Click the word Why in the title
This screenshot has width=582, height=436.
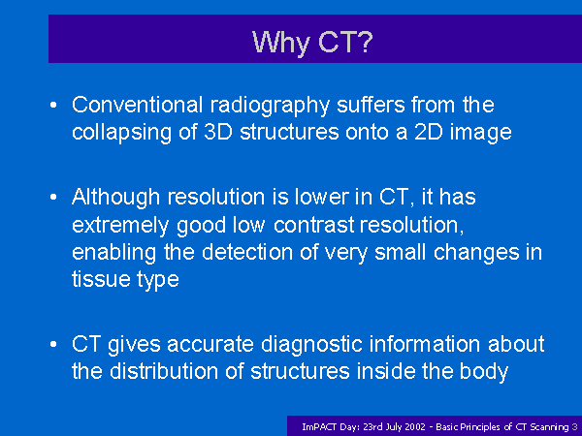point(281,43)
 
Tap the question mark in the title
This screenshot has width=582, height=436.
point(366,41)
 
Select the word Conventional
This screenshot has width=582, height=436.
point(137,105)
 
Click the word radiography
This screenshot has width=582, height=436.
point(271,107)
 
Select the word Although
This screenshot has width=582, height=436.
point(115,198)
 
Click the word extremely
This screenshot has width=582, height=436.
point(120,226)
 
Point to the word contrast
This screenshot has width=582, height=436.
point(314,225)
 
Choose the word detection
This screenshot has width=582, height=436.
point(247,252)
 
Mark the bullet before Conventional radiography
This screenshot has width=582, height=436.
point(53,106)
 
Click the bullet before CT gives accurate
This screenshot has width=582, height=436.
point(53,344)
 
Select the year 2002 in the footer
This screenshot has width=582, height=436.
point(415,426)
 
